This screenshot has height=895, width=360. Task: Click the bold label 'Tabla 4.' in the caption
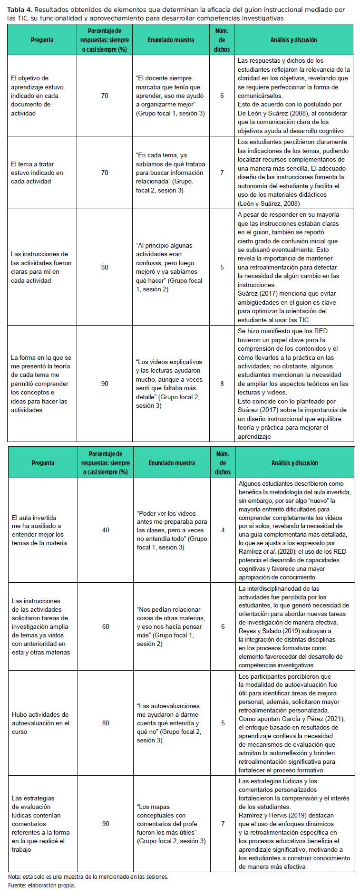tap(19, 10)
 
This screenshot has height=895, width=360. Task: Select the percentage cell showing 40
tap(106, 530)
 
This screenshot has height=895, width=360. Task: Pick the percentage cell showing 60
tap(106, 626)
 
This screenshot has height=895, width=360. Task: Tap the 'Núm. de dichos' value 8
tap(222, 384)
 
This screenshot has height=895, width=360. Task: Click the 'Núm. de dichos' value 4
tap(223, 530)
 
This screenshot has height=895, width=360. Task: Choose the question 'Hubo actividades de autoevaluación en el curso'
tap(40, 723)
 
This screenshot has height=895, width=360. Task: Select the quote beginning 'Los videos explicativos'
tap(169, 384)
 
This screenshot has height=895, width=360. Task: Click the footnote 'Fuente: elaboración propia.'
tap(41, 885)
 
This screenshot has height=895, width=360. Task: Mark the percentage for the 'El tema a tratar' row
tap(105, 173)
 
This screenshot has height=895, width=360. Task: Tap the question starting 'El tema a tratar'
tap(37, 173)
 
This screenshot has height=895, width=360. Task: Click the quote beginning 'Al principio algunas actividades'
tap(169, 267)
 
